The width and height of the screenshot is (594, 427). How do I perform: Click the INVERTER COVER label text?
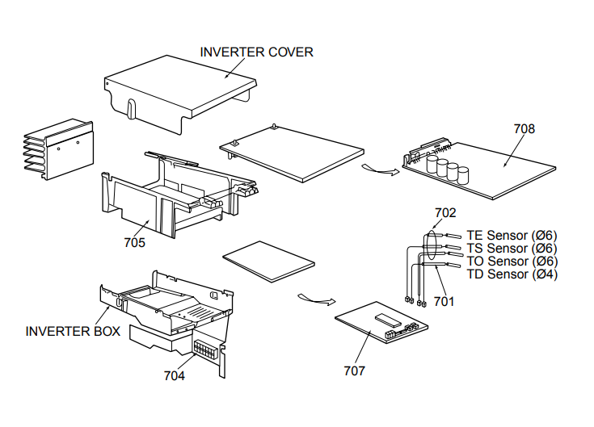[256, 52]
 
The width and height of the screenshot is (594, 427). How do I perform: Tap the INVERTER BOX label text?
[73, 331]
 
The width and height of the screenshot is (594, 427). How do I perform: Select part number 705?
[134, 241]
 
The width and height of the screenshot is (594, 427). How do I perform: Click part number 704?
[175, 375]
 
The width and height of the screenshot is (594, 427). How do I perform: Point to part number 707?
[354, 370]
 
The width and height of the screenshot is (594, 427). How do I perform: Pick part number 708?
[524, 128]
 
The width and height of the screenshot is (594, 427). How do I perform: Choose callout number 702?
[445, 213]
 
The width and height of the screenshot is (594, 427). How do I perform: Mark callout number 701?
[444, 301]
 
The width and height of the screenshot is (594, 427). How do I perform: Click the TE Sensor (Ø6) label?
[512, 236]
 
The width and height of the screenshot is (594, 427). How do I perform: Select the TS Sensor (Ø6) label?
[512, 249]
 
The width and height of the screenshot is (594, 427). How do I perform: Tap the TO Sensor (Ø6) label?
[512, 262]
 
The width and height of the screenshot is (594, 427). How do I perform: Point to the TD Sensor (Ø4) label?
[512, 274]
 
